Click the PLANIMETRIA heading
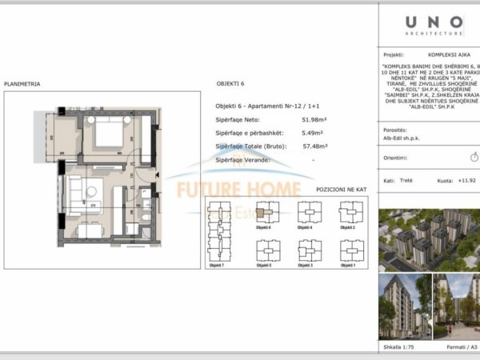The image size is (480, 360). coord(21,83)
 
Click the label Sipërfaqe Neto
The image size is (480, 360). coord(237,119)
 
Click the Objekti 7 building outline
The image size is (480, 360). coord(217,229)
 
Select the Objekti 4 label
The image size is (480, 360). coord(305,228)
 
